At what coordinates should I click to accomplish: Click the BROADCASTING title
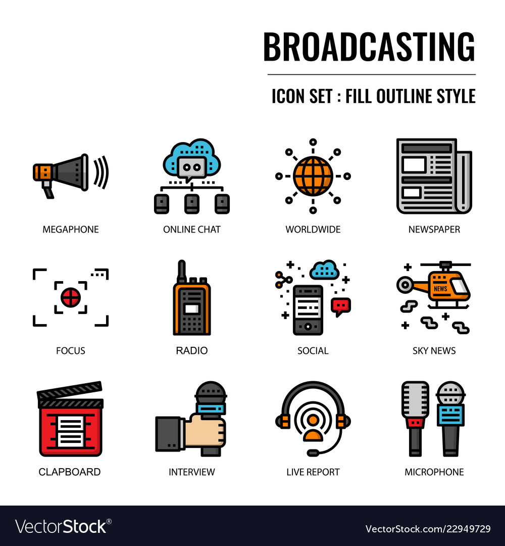(369, 47)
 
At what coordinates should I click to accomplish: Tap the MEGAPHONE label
(71, 230)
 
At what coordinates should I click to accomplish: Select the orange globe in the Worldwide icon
(313, 176)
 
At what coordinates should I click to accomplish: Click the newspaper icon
(434, 176)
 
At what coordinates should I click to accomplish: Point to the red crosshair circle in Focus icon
(71, 297)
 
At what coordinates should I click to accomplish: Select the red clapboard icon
(71, 422)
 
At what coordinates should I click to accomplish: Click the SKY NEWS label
(434, 351)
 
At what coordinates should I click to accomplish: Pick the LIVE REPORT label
(313, 472)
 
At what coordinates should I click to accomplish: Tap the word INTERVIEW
(191, 472)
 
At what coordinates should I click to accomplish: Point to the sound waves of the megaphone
(101, 172)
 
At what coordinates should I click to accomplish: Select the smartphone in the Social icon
(308, 309)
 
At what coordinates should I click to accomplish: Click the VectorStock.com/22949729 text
(428, 529)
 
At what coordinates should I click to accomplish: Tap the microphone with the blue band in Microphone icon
(450, 420)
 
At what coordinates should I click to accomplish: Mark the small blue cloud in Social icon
(324, 270)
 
